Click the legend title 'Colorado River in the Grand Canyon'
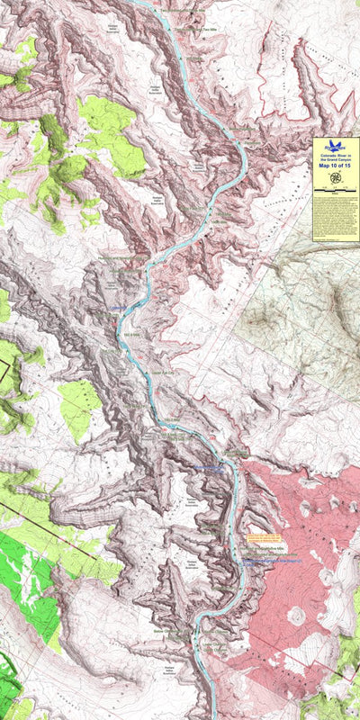click(336, 157)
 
